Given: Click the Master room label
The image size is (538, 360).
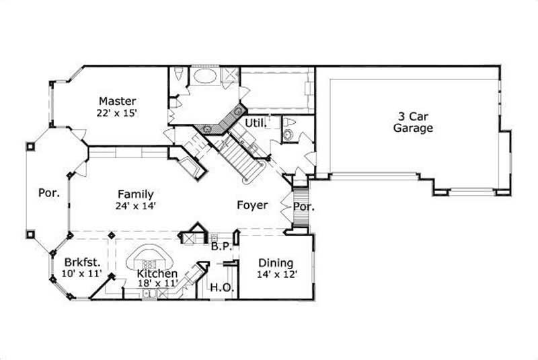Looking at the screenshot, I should tap(118, 101).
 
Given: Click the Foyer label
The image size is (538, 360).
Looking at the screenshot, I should tap(252, 205).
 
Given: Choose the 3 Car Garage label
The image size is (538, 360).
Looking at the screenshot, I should tap(413, 122).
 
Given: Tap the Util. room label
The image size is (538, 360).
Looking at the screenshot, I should tap(256, 123).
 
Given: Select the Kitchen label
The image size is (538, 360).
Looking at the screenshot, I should tap(157, 274).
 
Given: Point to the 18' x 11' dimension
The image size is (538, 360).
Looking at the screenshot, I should tap(157, 285).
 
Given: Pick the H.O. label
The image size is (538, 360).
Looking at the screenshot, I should tap(221, 288).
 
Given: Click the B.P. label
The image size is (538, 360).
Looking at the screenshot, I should tap(222, 247).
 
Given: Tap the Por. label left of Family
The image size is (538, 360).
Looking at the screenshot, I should tap(48, 192).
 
